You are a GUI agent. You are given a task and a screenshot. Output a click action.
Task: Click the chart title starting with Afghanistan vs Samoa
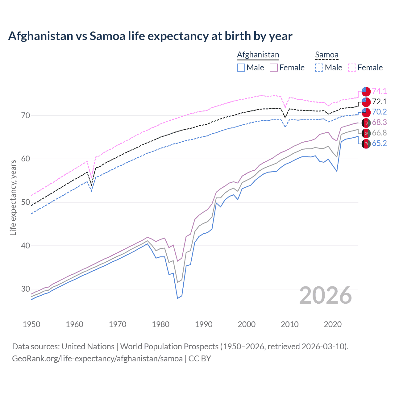click(150, 36)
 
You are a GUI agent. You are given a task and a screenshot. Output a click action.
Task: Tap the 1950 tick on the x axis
click(31, 324)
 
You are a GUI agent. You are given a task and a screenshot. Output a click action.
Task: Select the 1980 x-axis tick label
click(160, 324)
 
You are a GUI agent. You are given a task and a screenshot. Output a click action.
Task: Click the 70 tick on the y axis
click(26, 116)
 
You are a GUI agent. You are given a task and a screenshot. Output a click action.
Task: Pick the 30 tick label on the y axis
click(26, 289)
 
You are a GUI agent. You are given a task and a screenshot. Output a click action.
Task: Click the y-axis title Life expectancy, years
click(13, 197)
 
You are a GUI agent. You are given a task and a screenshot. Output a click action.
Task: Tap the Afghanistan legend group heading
click(258, 55)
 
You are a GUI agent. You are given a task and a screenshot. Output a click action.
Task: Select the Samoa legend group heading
click(326, 55)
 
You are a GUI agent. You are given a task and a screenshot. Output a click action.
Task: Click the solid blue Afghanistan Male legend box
click(241, 68)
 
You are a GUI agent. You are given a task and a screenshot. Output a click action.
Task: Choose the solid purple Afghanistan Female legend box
click(274, 68)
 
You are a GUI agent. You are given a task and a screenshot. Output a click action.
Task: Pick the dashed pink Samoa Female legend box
click(352, 68)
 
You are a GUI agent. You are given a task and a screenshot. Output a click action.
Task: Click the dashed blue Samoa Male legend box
click(319, 68)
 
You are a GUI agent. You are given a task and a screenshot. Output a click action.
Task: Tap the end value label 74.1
click(379, 91)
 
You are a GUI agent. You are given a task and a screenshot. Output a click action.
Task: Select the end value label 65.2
click(379, 143)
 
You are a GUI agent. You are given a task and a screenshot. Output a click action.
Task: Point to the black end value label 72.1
click(379, 102)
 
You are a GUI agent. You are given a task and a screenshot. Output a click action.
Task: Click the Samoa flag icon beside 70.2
click(366, 112)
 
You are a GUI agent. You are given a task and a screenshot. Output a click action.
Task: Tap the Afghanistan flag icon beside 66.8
click(366, 133)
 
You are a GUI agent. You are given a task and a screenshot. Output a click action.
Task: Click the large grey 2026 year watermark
click(326, 295)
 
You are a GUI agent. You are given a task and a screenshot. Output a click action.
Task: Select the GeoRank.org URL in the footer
click(97, 359)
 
